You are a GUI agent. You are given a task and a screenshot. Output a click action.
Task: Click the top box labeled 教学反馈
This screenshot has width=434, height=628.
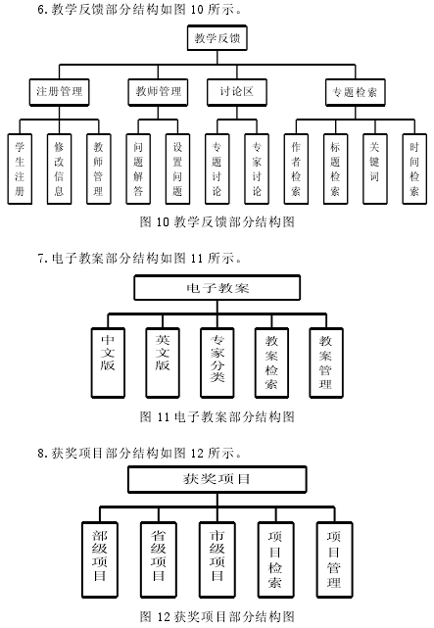217,38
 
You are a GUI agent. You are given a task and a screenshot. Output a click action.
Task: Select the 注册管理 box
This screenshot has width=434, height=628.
59,92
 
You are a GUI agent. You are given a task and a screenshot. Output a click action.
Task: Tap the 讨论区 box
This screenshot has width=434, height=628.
237,92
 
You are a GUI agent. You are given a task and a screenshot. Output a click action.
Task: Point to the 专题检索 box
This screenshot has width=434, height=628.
355,92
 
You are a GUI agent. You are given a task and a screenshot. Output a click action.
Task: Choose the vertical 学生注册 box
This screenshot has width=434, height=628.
20,169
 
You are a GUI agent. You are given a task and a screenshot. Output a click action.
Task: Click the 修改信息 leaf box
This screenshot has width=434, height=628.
59,169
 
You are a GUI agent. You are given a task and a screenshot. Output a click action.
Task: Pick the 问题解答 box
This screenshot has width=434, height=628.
138,169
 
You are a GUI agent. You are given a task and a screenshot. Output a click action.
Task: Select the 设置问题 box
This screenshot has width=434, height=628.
177,169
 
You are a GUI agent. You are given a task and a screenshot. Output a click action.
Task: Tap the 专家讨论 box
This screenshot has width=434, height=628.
257,169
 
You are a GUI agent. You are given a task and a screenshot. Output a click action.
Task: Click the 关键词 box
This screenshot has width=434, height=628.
375,169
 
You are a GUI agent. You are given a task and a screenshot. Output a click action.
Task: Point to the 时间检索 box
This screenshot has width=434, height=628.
414,169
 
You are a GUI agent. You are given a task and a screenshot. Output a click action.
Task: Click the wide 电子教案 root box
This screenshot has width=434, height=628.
217,288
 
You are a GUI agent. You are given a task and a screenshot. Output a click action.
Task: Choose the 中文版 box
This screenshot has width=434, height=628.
108,362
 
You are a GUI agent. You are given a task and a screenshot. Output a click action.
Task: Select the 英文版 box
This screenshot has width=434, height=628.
163,362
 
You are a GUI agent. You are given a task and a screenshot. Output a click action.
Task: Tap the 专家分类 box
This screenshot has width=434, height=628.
217,362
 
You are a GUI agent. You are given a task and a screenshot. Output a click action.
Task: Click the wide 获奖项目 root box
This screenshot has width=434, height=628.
217,479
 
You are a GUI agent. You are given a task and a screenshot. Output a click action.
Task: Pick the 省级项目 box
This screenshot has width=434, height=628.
159,560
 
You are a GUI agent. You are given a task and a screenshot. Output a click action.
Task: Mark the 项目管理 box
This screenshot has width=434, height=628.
334,560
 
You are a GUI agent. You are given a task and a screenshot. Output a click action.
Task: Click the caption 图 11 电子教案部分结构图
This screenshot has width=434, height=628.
217,417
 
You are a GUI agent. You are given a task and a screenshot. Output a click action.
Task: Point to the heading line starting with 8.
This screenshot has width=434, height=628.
140,453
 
